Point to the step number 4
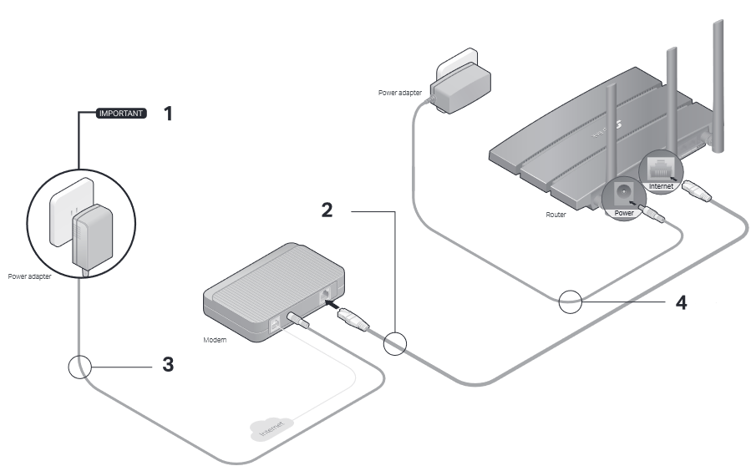coord(682,301)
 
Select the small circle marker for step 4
coord(571,301)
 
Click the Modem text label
coord(216,341)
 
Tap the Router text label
coord(556,215)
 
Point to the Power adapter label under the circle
coord(30,275)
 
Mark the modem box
coord(276,288)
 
